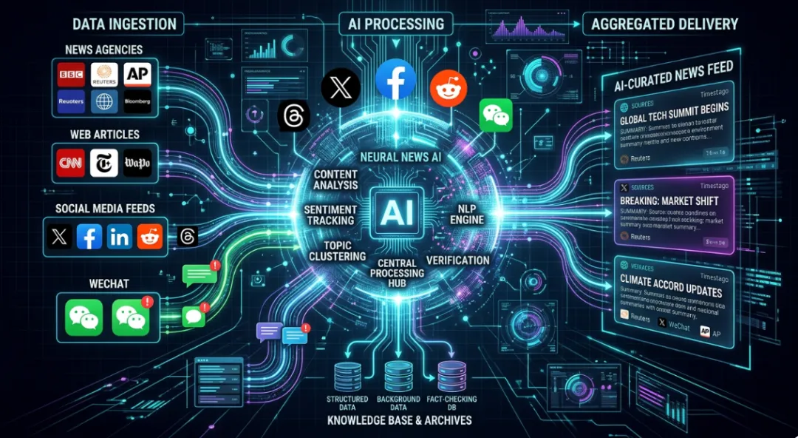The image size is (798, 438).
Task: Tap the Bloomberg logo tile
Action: (x=137, y=101)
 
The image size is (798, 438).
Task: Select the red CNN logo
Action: (x=70, y=162)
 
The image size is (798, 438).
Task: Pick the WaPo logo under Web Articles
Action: (x=137, y=162)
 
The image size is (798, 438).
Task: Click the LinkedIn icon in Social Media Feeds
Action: (x=119, y=237)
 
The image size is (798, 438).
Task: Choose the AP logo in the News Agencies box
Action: (x=137, y=74)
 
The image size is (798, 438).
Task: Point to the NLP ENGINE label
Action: (x=467, y=213)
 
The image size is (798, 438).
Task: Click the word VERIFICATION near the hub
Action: (x=458, y=260)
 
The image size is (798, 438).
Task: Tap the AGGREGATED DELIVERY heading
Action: (x=664, y=24)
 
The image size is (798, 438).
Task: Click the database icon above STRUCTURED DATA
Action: (x=347, y=373)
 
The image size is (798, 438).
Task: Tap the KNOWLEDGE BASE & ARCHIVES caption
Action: (x=400, y=420)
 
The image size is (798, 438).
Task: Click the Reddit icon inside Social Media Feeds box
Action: (x=150, y=237)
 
